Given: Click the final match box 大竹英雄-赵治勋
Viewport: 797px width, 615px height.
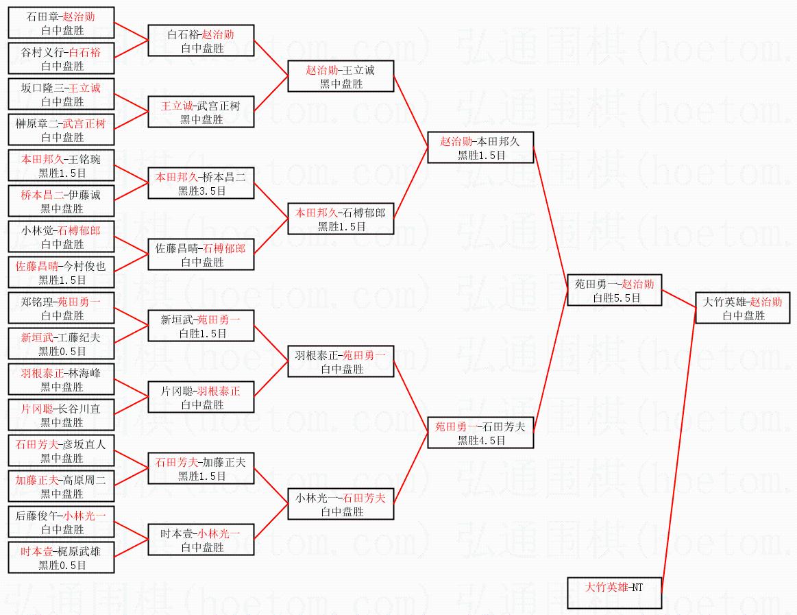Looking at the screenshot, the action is click(x=743, y=308).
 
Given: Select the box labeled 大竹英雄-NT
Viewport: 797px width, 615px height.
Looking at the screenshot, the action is click(x=615, y=592).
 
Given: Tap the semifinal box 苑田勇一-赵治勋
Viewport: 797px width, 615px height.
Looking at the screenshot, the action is click(x=615, y=290).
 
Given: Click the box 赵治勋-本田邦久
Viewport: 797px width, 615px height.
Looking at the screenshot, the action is click(x=480, y=147).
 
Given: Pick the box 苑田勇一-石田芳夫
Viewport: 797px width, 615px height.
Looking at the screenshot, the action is click(x=480, y=433).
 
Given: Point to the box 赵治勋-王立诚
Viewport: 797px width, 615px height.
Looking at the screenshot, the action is click(x=341, y=76).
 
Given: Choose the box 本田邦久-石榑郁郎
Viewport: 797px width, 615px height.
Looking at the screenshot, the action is click(x=341, y=219).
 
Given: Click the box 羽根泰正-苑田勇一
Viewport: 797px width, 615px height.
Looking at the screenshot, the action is click(x=341, y=361).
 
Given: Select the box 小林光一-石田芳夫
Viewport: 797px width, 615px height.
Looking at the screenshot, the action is click(x=341, y=504).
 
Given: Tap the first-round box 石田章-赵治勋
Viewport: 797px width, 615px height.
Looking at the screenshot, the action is click(x=61, y=23).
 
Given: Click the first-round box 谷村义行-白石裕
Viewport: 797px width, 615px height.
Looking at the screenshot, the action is click(x=61, y=58).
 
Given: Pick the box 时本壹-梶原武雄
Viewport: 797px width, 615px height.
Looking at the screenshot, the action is click(x=61, y=557).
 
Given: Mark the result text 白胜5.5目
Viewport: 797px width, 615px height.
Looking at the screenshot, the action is click(x=617, y=298).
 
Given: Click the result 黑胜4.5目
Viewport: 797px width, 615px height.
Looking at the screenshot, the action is click(x=481, y=441).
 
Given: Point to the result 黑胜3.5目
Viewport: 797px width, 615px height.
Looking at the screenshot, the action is click(x=201, y=191).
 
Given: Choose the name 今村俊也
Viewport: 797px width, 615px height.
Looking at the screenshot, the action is click(x=84, y=266).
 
